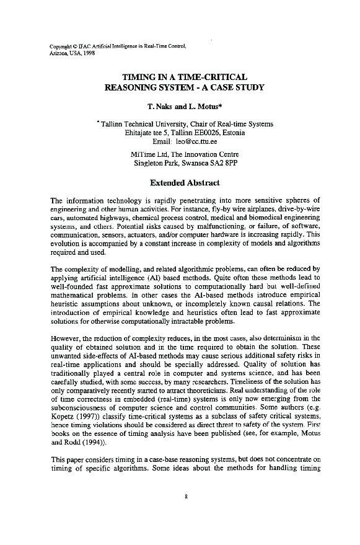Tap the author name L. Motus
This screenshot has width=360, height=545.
coord(201,106)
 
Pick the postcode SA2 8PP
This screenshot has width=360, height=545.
coord(227,164)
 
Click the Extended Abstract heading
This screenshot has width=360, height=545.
coord(185,183)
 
